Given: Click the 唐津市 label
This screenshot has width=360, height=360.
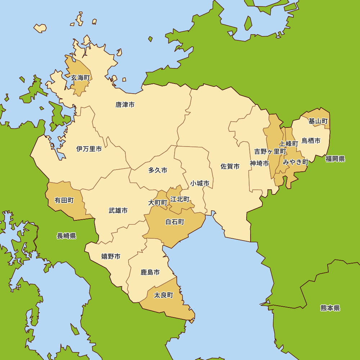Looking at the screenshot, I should pos(125,105).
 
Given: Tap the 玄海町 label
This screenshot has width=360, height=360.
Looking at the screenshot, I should pos(80,78).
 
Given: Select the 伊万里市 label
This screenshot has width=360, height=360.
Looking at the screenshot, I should pos(89,149).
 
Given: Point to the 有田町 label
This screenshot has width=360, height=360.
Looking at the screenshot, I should pos(64,200).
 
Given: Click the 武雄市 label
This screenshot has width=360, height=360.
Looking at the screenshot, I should pos(118,211).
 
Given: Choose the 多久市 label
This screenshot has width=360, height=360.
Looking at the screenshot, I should pos(158,170).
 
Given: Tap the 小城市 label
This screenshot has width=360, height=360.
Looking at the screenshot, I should pos(200,183).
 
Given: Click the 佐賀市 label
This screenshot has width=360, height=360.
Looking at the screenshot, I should pos(230,166).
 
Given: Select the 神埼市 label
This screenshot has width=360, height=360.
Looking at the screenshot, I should pos(260,163).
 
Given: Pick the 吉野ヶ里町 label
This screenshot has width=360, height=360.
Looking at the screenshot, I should pos(270,152).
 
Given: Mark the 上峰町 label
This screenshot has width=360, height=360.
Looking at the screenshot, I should pos(289,144).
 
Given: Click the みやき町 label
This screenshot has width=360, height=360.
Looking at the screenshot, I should pos(296,162).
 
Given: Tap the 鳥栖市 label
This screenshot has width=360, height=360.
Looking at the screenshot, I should pos(311,141).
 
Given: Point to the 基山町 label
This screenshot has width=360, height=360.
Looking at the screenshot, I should pos(318,121).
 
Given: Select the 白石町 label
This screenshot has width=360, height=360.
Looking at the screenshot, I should pos(175,222).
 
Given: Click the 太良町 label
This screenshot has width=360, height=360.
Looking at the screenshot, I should pos(163,295).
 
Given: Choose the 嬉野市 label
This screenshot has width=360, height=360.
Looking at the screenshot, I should pos(111,256).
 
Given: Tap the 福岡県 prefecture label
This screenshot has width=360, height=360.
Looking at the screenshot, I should pos(335,159).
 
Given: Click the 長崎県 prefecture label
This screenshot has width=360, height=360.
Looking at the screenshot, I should pos(67,236).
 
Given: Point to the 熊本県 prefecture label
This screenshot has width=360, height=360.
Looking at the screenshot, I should pos(330,308).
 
